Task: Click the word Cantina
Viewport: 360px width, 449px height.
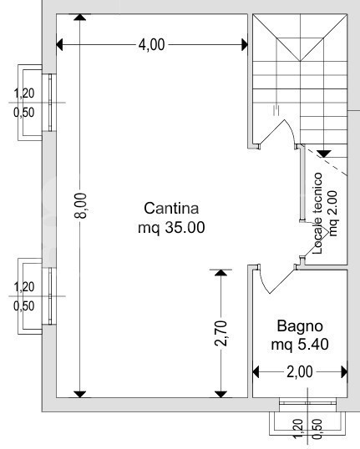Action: coord(171,208)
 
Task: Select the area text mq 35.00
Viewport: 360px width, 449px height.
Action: coord(171,226)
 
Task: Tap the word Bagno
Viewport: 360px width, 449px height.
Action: coord(299,325)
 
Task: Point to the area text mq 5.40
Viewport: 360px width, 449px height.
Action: coord(299,344)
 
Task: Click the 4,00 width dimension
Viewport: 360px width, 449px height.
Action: coord(150,45)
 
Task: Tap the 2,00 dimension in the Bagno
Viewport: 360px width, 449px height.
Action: coord(299,372)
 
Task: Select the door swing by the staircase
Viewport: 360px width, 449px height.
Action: coord(281,131)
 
